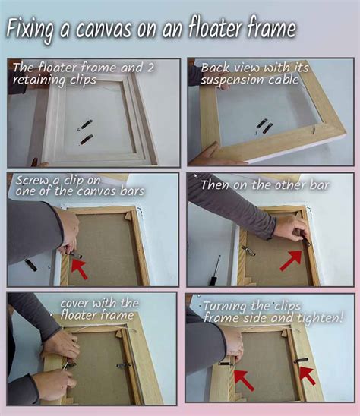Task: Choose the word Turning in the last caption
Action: pos(227,307)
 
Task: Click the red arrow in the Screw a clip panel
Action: pos(78,266)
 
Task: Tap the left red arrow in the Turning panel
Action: pos(244,377)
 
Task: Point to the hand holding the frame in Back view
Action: pos(209,156)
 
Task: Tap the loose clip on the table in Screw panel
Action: pos(30,265)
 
